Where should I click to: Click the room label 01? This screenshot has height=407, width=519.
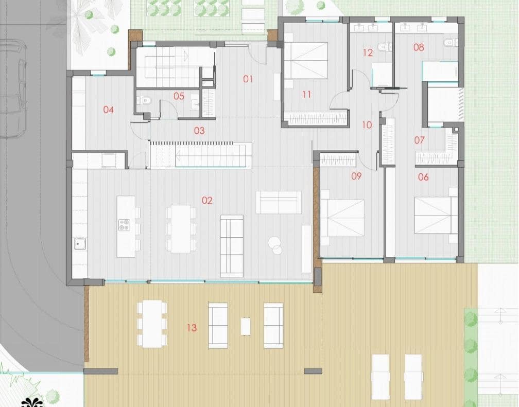[248, 79]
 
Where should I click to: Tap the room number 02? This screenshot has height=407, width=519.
[207, 201]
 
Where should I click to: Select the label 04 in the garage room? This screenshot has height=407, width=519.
[108, 110]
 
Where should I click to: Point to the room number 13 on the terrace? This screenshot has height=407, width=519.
[192, 328]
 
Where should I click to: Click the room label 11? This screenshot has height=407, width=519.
[307, 94]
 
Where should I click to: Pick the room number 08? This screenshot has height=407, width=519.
[419, 47]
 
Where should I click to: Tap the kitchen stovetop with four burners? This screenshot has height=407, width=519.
[125, 224]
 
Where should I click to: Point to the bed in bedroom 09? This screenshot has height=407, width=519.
[342, 217]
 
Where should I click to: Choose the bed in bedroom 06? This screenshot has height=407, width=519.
[436, 215]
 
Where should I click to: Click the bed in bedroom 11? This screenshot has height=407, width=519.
[306, 60]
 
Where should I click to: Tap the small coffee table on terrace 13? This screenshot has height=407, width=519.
[246, 326]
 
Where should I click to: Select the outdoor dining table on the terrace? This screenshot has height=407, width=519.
[151, 324]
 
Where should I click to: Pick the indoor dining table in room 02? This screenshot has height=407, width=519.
[180, 228]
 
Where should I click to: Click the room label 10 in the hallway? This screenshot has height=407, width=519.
[367, 125]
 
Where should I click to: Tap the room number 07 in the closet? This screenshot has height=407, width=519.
[419, 140]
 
